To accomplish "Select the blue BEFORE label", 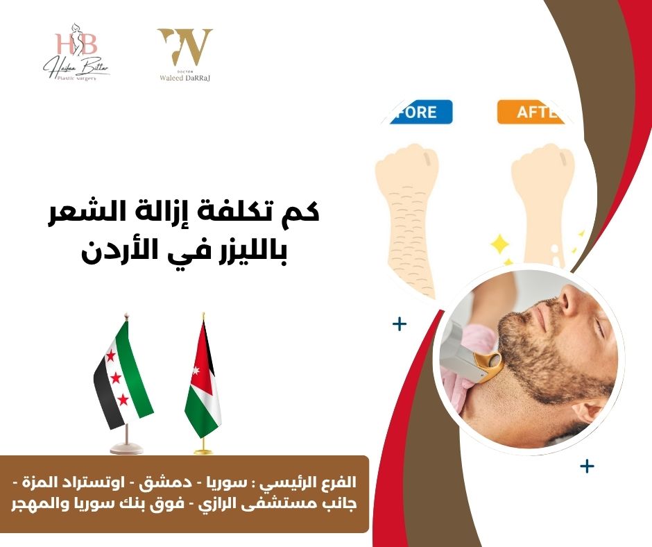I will coord(417,112).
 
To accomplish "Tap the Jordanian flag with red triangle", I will coord(203,385).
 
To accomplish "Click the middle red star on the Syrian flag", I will coord(116,378).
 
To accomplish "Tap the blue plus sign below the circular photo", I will coord(587,466).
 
